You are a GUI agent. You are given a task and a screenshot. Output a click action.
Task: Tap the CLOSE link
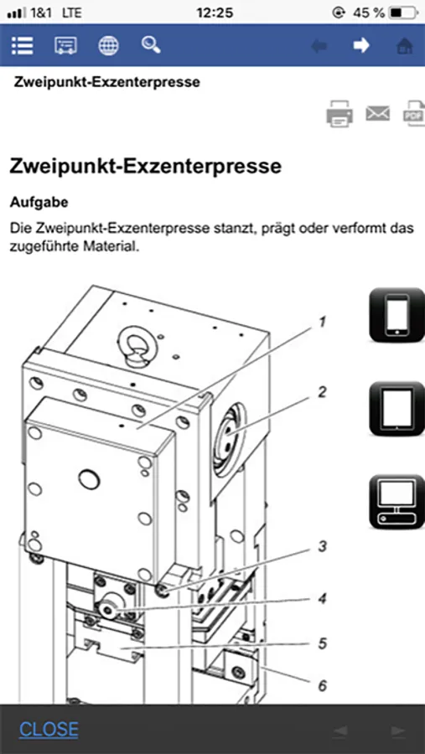coord(49,730)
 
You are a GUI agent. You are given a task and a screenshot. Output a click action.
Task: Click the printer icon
coord(339,113)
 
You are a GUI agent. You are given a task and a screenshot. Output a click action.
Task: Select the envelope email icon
coord(377,113)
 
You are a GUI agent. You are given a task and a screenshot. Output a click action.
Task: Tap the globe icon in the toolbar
coord(108,46)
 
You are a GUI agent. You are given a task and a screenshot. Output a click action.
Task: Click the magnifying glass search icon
coord(151,44)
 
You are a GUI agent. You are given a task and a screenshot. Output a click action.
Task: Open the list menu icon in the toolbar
coord(22,46)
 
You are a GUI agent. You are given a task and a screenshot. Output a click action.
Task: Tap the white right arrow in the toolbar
coord(361,45)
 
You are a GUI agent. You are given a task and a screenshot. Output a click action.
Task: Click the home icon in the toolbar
coord(404,46)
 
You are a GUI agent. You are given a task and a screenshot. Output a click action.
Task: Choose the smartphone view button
coord(396,314)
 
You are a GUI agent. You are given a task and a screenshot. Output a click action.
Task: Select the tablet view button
coord(396,409)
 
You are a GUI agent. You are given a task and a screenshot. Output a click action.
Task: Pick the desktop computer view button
coord(396,502)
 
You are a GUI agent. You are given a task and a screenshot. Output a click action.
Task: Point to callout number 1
coord(323,322)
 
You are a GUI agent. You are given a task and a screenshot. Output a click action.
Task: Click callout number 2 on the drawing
coord(322,392)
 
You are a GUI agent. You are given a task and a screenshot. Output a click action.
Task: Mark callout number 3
coord(323,547)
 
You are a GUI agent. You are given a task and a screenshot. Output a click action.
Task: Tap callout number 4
coord(323,599)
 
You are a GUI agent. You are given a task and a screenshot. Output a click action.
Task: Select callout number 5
coord(323,643)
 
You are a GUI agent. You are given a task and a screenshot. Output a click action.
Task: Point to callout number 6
coord(323,685)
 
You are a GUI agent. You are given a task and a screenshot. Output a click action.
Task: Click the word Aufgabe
coord(39,203)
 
